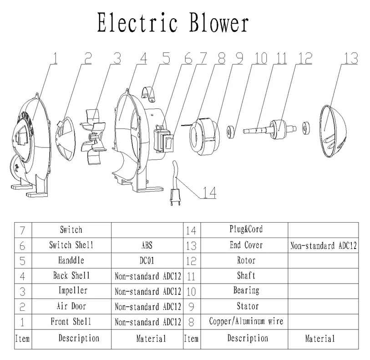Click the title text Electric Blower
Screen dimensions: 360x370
point(173,23)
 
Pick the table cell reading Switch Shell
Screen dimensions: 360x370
point(71,245)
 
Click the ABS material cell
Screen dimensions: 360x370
point(147,245)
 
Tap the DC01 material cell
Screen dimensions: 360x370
point(147,261)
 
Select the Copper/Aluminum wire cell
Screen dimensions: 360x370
point(246,321)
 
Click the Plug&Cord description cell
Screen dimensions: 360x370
point(246,229)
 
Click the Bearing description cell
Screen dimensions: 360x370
point(246,290)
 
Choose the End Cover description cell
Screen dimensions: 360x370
point(246,245)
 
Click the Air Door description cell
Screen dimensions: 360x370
point(71,306)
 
